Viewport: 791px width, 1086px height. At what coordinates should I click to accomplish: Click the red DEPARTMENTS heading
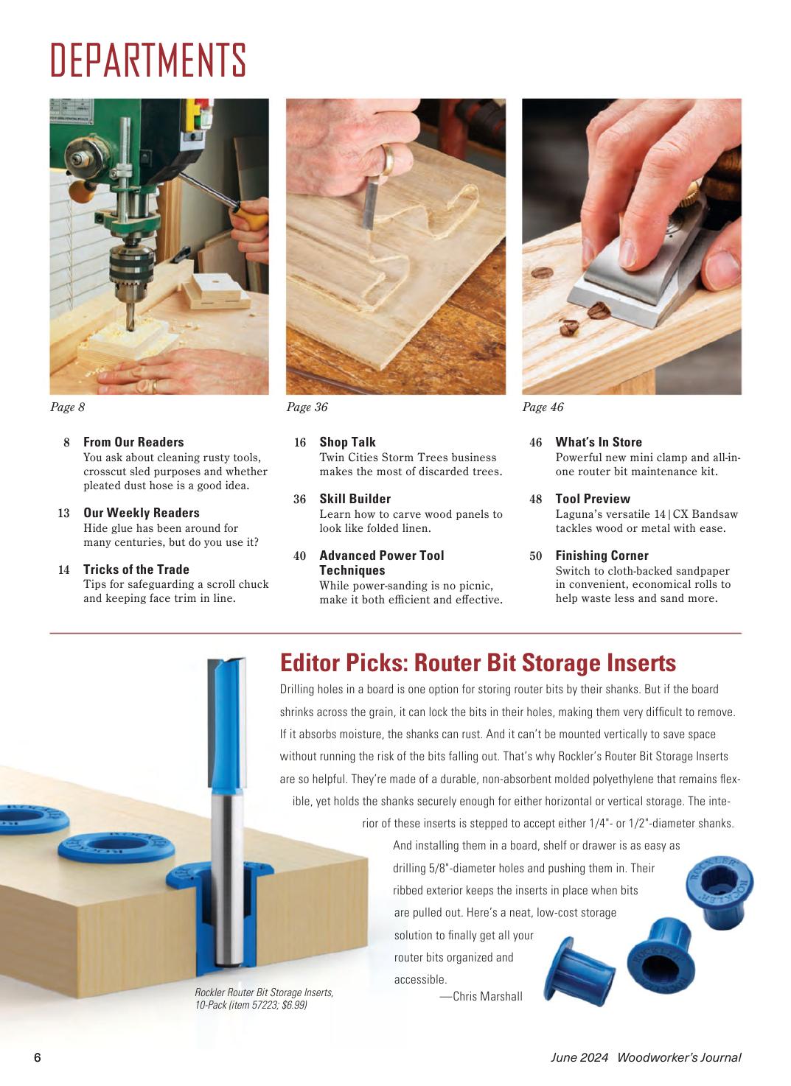coord(148,60)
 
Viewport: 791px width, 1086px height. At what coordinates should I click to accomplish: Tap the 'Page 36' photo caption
coord(307,407)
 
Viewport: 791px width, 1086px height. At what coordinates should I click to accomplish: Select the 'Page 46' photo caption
coord(543,407)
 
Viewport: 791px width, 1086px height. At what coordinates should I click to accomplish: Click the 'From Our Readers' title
coord(133,441)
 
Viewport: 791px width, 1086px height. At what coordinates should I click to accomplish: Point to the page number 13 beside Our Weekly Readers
coord(63,513)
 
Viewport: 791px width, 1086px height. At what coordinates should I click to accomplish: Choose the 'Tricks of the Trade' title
coord(136,570)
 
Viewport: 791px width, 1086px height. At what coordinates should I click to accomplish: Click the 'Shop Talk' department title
coord(347,441)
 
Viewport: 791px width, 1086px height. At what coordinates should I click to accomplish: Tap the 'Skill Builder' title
coord(355,498)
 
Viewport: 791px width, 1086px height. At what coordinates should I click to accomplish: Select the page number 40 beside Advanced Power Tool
coord(300,556)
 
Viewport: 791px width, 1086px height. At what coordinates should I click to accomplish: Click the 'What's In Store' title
coord(599,441)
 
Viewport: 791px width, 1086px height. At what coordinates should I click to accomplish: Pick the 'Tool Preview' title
coord(593,498)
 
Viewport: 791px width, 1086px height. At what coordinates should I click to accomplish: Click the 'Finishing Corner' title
coord(602,555)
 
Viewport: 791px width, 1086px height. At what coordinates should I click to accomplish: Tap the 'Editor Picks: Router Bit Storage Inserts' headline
coord(478,662)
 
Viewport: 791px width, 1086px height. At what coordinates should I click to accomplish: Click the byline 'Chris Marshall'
coord(487,996)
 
